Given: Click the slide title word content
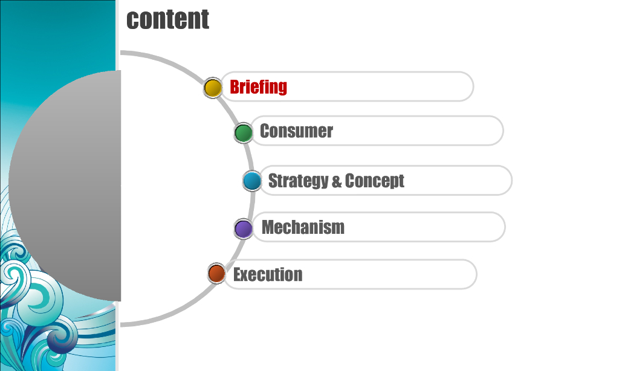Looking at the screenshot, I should [x=167, y=19].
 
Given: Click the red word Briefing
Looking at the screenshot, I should [x=258, y=87].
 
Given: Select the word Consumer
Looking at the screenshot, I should [x=296, y=131].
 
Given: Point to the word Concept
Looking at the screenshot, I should [x=374, y=181].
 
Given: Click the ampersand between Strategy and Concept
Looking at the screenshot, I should [x=336, y=181].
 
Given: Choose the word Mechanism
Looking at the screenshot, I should [x=303, y=227].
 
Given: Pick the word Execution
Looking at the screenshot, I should [x=268, y=274].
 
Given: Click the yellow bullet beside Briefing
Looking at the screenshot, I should [x=213, y=88].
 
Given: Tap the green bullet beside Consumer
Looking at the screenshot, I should [x=243, y=133].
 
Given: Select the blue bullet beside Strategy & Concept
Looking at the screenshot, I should [x=252, y=181].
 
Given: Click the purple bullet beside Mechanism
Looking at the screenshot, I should [x=243, y=229].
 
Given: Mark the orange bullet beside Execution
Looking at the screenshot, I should [x=216, y=273].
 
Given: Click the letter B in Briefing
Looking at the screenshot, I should [x=235, y=87].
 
